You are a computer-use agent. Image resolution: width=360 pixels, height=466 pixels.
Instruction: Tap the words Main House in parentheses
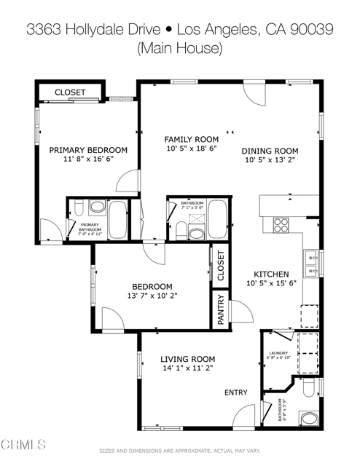click(x=179, y=49)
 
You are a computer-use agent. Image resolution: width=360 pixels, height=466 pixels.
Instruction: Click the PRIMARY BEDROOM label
click(x=88, y=150)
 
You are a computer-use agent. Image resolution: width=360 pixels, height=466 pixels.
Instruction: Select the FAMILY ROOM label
click(x=191, y=139)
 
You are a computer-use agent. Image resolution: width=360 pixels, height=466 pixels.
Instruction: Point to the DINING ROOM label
click(x=270, y=151)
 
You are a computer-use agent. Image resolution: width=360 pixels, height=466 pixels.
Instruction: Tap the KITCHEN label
click(x=271, y=274)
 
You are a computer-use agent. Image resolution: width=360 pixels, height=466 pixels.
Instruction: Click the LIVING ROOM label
click(x=187, y=359)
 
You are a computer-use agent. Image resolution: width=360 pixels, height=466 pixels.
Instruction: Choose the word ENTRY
click(x=235, y=392)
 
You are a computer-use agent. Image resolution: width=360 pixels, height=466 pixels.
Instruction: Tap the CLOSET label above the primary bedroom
click(x=70, y=92)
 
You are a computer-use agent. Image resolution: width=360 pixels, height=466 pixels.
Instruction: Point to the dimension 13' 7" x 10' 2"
click(x=152, y=296)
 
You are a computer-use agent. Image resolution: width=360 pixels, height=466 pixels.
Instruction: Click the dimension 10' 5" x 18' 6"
click(x=191, y=149)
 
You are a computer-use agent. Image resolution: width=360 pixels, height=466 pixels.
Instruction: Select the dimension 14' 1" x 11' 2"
click(x=187, y=369)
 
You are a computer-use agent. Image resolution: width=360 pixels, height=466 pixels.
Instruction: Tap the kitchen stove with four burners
click(x=281, y=224)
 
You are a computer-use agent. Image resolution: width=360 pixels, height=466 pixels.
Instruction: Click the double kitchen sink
click(x=311, y=264)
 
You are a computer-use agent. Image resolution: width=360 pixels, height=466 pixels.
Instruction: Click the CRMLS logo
click(x=25, y=443)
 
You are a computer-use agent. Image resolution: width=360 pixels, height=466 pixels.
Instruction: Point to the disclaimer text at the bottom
click(x=179, y=451)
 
